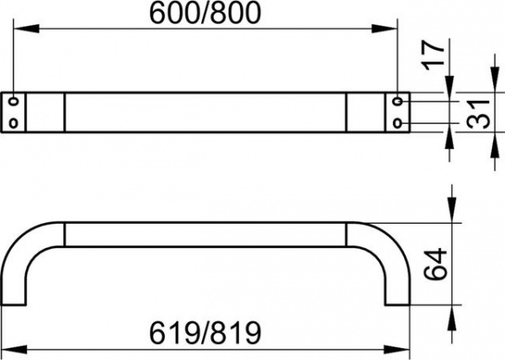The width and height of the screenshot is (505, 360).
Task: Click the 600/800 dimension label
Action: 205,13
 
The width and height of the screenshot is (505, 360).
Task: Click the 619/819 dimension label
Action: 205,333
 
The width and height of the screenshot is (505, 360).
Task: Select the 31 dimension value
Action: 479,114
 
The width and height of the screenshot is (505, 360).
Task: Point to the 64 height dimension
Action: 435,264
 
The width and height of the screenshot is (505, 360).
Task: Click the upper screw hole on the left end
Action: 13,101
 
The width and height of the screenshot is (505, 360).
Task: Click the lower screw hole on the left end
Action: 13,123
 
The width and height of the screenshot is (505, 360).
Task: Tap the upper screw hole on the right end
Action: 398,101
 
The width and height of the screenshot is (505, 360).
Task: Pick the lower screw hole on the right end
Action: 398,123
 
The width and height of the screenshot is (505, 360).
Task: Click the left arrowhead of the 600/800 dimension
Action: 26,29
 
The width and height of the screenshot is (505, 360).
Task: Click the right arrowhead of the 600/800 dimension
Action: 385,29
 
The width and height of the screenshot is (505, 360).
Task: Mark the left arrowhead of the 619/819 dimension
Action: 13,350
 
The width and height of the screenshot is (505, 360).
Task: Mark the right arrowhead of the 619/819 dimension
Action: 396,350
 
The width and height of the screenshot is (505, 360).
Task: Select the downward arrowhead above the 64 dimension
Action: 453,209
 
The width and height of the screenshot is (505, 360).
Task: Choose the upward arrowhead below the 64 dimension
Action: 453,318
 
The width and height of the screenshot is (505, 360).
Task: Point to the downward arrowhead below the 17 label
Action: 449,84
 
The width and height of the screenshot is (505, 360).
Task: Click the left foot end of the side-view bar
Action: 13,304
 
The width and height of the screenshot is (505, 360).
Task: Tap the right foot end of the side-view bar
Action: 398,304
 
